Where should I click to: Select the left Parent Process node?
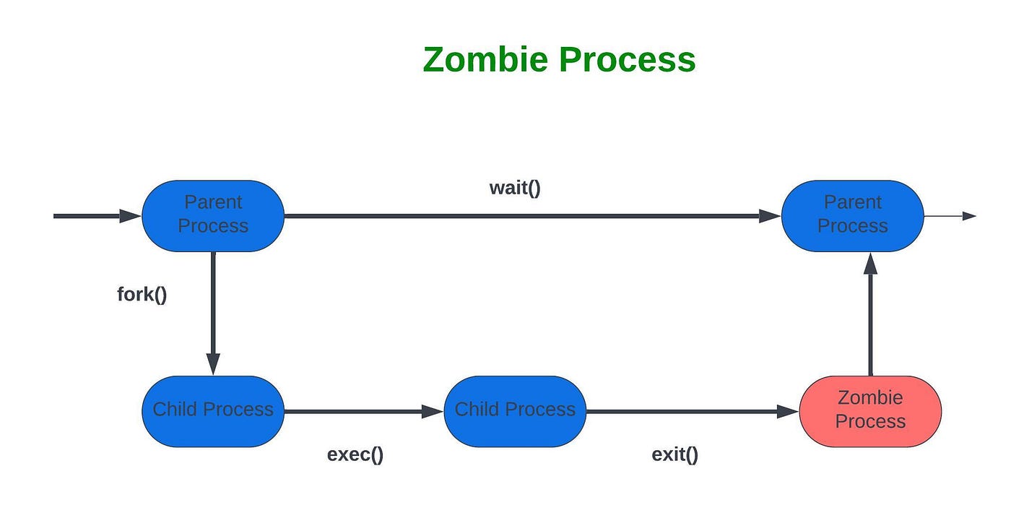click(x=213, y=215)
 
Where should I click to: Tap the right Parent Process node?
click(x=852, y=215)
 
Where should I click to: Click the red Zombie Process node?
click(x=870, y=410)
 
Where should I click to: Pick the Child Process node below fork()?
click(x=213, y=410)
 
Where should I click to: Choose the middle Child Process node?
click(x=514, y=410)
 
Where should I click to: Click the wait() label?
click(x=515, y=189)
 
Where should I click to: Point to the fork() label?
click(x=142, y=295)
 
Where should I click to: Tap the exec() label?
click(x=355, y=454)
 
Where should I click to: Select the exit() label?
click(x=675, y=454)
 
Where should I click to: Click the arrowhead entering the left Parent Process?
click(x=130, y=215)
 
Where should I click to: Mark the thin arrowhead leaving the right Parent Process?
click(x=970, y=215)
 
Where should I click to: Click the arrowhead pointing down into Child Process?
click(x=213, y=363)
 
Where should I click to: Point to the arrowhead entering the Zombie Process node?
click(x=788, y=411)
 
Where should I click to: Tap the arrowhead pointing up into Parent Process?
click(x=870, y=263)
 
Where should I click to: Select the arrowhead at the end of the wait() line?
click(x=770, y=215)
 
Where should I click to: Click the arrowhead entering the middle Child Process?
click(x=432, y=411)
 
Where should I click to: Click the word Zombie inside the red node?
click(x=870, y=397)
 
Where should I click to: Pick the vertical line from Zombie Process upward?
click(x=870, y=325)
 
